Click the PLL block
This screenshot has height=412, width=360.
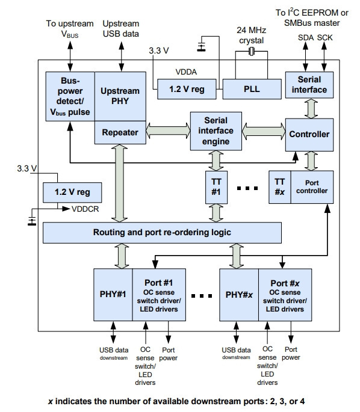tap(252, 89)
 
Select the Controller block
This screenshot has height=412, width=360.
tap(309, 135)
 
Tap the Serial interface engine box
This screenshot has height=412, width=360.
tap(216, 131)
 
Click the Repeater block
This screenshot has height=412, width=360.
tap(120, 132)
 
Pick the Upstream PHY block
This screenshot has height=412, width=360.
tap(120, 96)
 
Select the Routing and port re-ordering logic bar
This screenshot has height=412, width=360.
tap(162, 233)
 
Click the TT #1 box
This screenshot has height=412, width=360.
tap(216, 187)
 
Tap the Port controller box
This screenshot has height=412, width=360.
tap(312, 187)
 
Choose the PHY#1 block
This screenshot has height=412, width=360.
tap(113, 295)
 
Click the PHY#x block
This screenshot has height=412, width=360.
tap(239, 295)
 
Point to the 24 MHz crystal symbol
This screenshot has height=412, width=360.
tap(252, 52)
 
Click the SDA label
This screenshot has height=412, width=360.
tap(306, 38)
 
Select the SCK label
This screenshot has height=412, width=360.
tap(324, 38)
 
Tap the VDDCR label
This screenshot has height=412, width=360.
tap(85, 209)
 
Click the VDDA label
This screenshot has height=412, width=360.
tap(186, 72)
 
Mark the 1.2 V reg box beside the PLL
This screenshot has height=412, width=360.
tap(187, 89)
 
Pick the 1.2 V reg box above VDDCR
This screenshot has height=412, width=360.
tap(72, 192)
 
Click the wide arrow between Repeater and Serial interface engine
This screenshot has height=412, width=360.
tap(168, 131)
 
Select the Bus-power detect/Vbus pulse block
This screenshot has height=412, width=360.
tap(70, 96)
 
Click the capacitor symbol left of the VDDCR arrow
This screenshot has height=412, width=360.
tap(32, 220)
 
